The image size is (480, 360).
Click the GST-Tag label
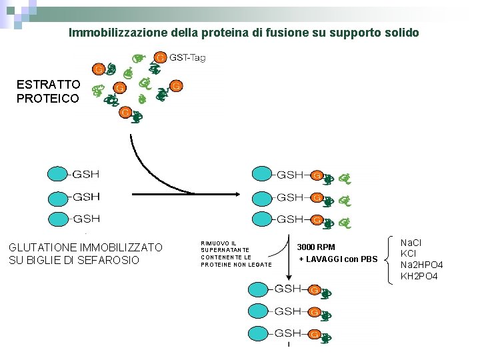[187, 58]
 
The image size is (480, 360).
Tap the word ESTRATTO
[49, 85]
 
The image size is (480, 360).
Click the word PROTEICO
[49, 98]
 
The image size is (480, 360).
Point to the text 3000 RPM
[316, 247]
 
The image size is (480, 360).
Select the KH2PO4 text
[418, 275]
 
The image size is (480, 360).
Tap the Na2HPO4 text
[421, 265]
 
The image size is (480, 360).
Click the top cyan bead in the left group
[59, 175]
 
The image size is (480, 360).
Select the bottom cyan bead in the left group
[59, 219]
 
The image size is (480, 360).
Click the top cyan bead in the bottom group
[259, 289]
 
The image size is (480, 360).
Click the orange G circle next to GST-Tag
[161, 57]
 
